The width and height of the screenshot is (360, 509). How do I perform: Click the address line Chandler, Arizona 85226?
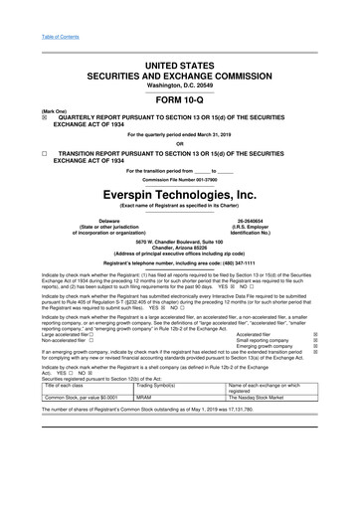179,248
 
